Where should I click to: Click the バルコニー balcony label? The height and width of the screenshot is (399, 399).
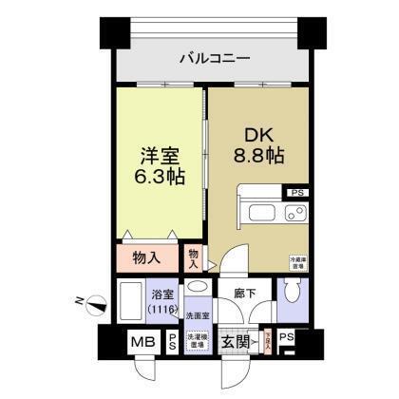[x=216, y=60]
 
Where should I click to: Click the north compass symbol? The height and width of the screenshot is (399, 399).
[x=95, y=304]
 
